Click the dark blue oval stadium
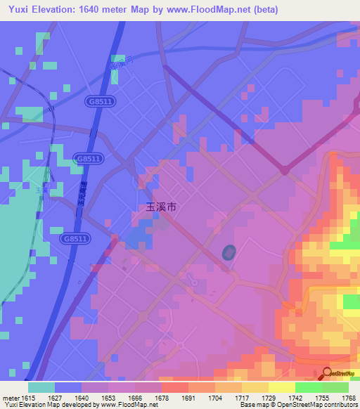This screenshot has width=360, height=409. tap(229, 252)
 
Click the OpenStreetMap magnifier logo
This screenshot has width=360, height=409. tap(328, 374)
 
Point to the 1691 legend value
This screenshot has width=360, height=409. tap(187, 397)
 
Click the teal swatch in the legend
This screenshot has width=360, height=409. tap(41, 387)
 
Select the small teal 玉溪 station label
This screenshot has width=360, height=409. tap(41, 190)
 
